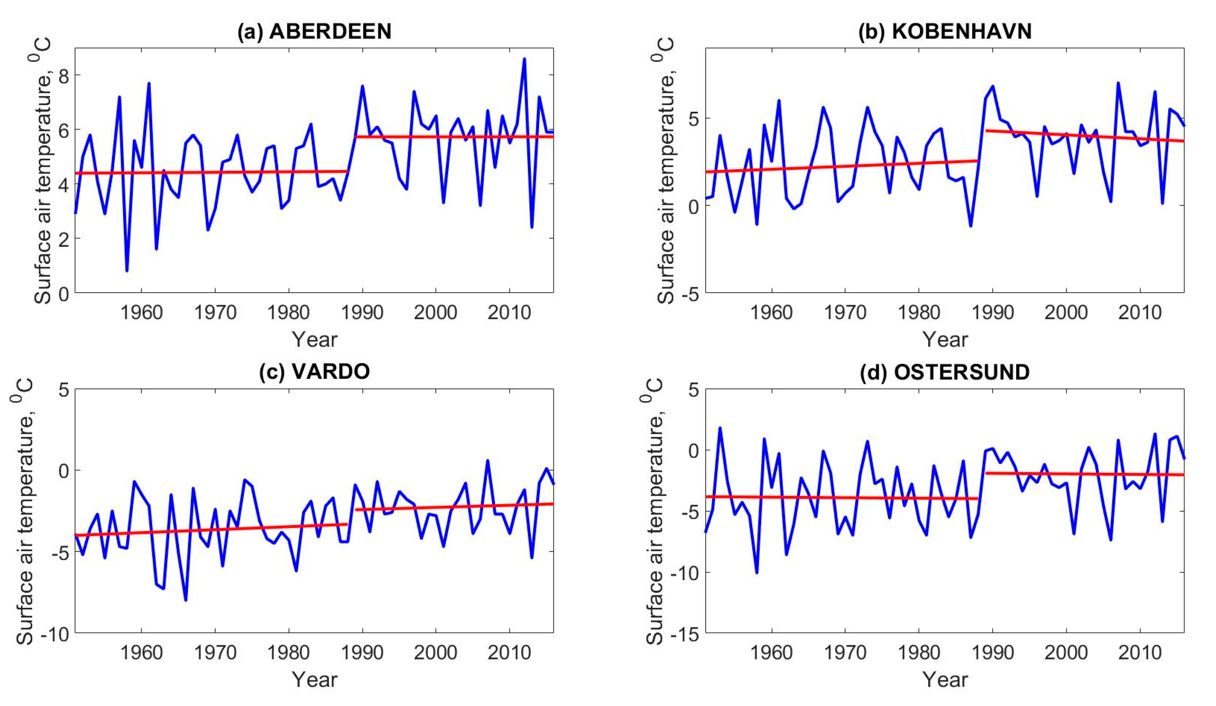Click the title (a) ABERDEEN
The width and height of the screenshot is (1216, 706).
tap(314, 32)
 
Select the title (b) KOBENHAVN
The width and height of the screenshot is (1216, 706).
tap(945, 32)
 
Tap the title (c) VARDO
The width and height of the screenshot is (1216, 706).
tap(314, 372)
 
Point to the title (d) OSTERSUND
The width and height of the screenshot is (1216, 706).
tap(945, 372)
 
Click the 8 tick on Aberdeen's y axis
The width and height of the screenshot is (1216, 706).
tap(63, 76)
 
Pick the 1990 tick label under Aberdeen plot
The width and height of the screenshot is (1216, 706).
tap(362, 313)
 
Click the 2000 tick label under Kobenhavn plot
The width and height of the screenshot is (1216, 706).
tap(1066, 313)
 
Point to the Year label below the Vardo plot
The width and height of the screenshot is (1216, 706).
tap(314, 680)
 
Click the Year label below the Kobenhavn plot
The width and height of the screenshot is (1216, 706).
tap(945, 340)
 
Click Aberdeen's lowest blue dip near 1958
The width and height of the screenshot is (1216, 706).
tap(127, 271)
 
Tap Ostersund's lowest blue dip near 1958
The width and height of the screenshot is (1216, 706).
tap(757, 572)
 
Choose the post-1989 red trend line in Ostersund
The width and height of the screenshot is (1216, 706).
tap(1086, 474)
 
